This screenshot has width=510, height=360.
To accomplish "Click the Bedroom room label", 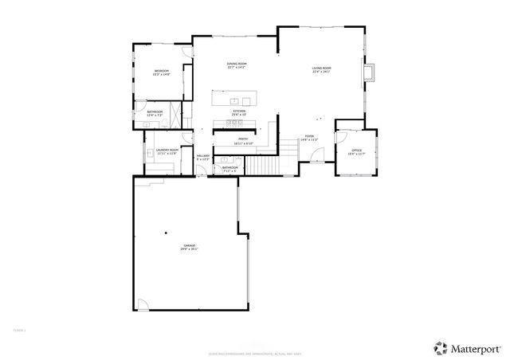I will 162,73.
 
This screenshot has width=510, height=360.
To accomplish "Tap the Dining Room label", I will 237,65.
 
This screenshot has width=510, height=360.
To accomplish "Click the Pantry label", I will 243,141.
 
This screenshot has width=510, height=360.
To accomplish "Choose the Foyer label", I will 310,138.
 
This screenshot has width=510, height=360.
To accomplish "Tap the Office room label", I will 356,151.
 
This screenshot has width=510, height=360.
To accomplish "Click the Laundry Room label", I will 167,151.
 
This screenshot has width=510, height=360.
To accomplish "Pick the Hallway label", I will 202,158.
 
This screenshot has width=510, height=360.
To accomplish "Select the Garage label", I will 189,248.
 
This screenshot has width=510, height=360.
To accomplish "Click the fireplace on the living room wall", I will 368,73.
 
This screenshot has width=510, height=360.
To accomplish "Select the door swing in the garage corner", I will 143,306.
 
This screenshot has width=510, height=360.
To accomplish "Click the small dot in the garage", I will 166,233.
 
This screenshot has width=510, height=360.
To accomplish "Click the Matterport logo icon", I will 439,346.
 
